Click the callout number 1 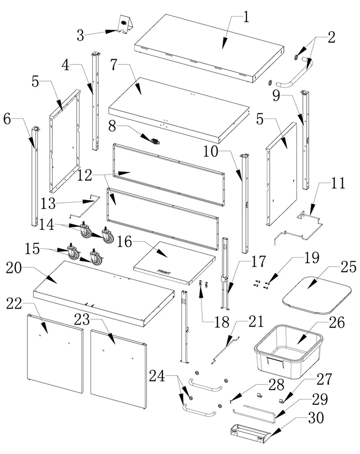(x=246, y=18)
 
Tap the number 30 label (x=316, y=418)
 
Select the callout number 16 (x=125, y=242)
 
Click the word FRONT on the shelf (x=164, y=272)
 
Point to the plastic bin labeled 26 (x=288, y=352)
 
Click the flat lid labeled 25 (x=317, y=295)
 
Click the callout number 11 (x=338, y=183)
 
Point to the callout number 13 (x=48, y=203)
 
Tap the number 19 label (x=312, y=258)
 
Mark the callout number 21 (x=256, y=322)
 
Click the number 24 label (x=157, y=376)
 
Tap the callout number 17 (x=258, y=262)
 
